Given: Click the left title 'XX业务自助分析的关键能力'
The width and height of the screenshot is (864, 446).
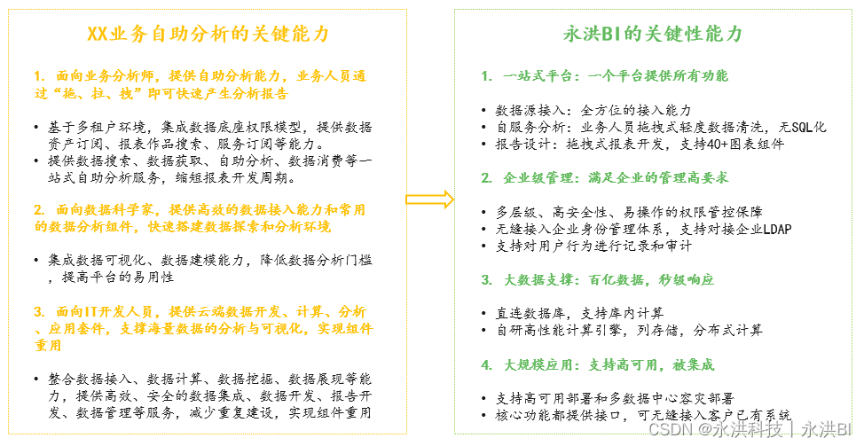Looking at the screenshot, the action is coord(208,34).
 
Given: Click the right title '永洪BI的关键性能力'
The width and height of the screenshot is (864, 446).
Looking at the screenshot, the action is coord(653,34).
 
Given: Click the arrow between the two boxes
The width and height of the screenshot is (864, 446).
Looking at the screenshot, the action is coord(430,200).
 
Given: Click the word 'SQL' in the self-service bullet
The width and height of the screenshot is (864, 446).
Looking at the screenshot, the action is coord(793,127).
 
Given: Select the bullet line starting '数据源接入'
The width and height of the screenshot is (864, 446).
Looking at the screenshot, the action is coord(593,110).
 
